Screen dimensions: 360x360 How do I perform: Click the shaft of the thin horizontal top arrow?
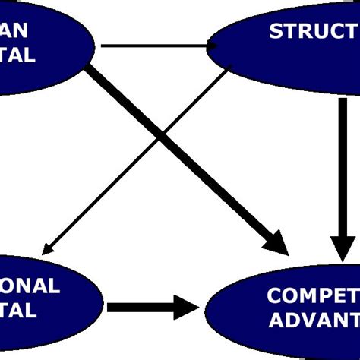click(x=152, y=46)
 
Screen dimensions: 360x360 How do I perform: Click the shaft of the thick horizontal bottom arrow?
click(x=137, y=308)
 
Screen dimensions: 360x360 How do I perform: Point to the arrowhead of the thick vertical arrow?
click(x=343, y=247)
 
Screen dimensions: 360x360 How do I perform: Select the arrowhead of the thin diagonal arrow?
click(x=49, y=247)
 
